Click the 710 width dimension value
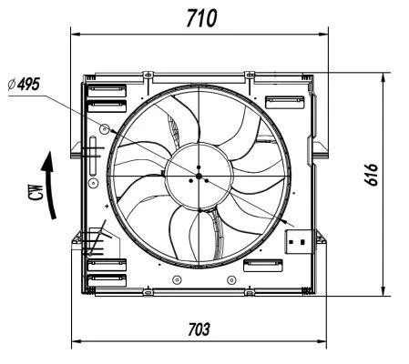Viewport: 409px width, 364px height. tap(201, 18)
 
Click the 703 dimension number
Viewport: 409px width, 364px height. tap(199, 329)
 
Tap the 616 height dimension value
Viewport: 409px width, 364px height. tap(371, 175)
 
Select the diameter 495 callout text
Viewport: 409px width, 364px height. tap(24, 84)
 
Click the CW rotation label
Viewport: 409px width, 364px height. tap(36, 192)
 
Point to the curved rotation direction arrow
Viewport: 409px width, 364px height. tap(48, 185)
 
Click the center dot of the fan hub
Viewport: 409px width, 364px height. tap(199, 176)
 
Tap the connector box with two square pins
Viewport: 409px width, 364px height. tap(298, 242)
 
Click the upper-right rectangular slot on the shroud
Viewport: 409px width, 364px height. tap(284, 102)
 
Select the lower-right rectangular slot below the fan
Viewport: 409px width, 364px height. tap(263, 266)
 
